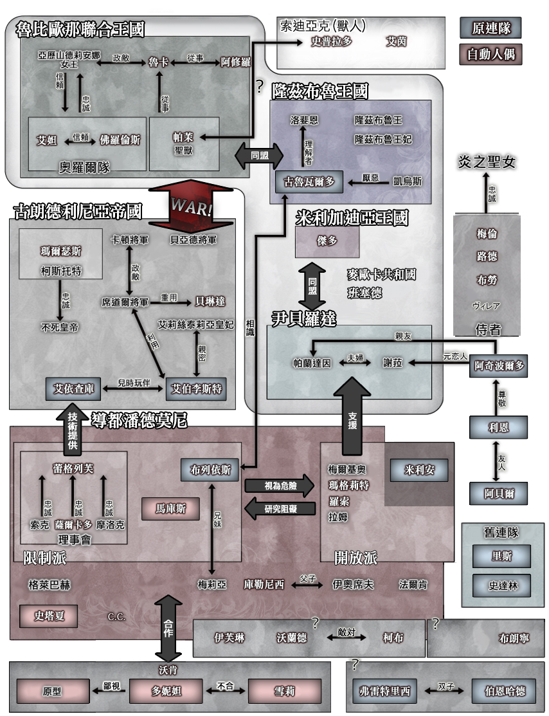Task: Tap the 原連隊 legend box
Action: click(x=491, y=29)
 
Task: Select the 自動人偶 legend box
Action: click(x=491, y=53)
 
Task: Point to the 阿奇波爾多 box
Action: click(x=499, y=366)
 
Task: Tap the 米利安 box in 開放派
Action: click(x=419, y=470)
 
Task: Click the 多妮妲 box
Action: click(x=166, y=692)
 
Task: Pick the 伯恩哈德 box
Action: click(x=504, y=692)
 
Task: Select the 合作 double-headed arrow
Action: click(x=168, y=628)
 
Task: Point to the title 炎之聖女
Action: click(x=487, y=161)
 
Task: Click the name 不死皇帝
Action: click(x=60, y=327)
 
